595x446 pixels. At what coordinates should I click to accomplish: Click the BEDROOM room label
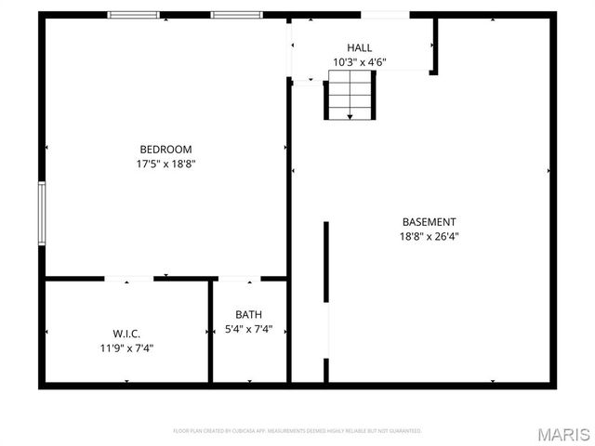[x=165, y=150]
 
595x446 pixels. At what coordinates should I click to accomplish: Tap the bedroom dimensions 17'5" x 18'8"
[x=165, y=164]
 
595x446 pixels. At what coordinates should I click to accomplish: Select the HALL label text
[x=360, y=47]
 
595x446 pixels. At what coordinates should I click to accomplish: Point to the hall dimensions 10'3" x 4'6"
[x=360, y=62]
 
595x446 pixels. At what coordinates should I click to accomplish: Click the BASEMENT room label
[x=429, y=222]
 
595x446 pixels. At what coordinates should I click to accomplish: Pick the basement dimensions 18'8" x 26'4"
[x=429, y=236]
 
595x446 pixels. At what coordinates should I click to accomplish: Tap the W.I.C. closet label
[x=126, y=334]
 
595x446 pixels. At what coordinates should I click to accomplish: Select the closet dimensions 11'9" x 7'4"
[x=126, y=348]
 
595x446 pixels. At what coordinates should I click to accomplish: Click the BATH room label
[x=248, y=315]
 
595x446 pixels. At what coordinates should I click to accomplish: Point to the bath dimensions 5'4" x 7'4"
[x=248, y=330]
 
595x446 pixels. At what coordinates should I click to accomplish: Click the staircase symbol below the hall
[x=350, y=97]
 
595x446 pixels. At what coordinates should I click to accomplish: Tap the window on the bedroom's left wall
[x=42, y=214]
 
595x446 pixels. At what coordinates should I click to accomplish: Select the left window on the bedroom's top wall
[x=133, y=15]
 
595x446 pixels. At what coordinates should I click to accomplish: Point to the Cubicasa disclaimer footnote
[x=297, y=431]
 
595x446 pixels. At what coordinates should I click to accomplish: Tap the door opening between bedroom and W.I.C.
[x=128, y=278]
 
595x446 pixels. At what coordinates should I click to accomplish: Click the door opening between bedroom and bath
[x=239, y=278]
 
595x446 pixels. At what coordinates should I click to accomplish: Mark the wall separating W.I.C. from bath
[x=210, y=331]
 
